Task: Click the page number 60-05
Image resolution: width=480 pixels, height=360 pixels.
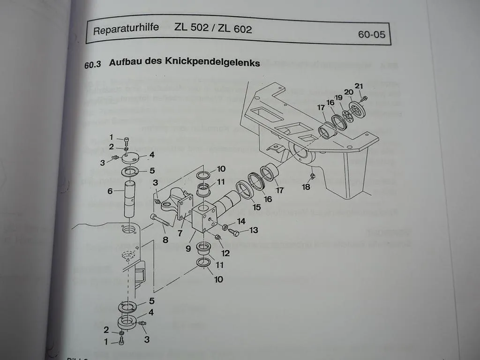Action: tap(371, 35)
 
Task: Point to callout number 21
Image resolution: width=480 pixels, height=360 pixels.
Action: tap(359, 85)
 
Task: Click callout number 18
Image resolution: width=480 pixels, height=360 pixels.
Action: tap(306, 187)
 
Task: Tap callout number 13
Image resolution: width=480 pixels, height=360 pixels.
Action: tap(253, 230)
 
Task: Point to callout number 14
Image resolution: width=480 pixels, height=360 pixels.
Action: tap(241, 221)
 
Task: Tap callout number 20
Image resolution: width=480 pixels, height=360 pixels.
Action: tap(349, 92)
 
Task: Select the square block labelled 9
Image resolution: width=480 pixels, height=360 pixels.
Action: tap(202, 217)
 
